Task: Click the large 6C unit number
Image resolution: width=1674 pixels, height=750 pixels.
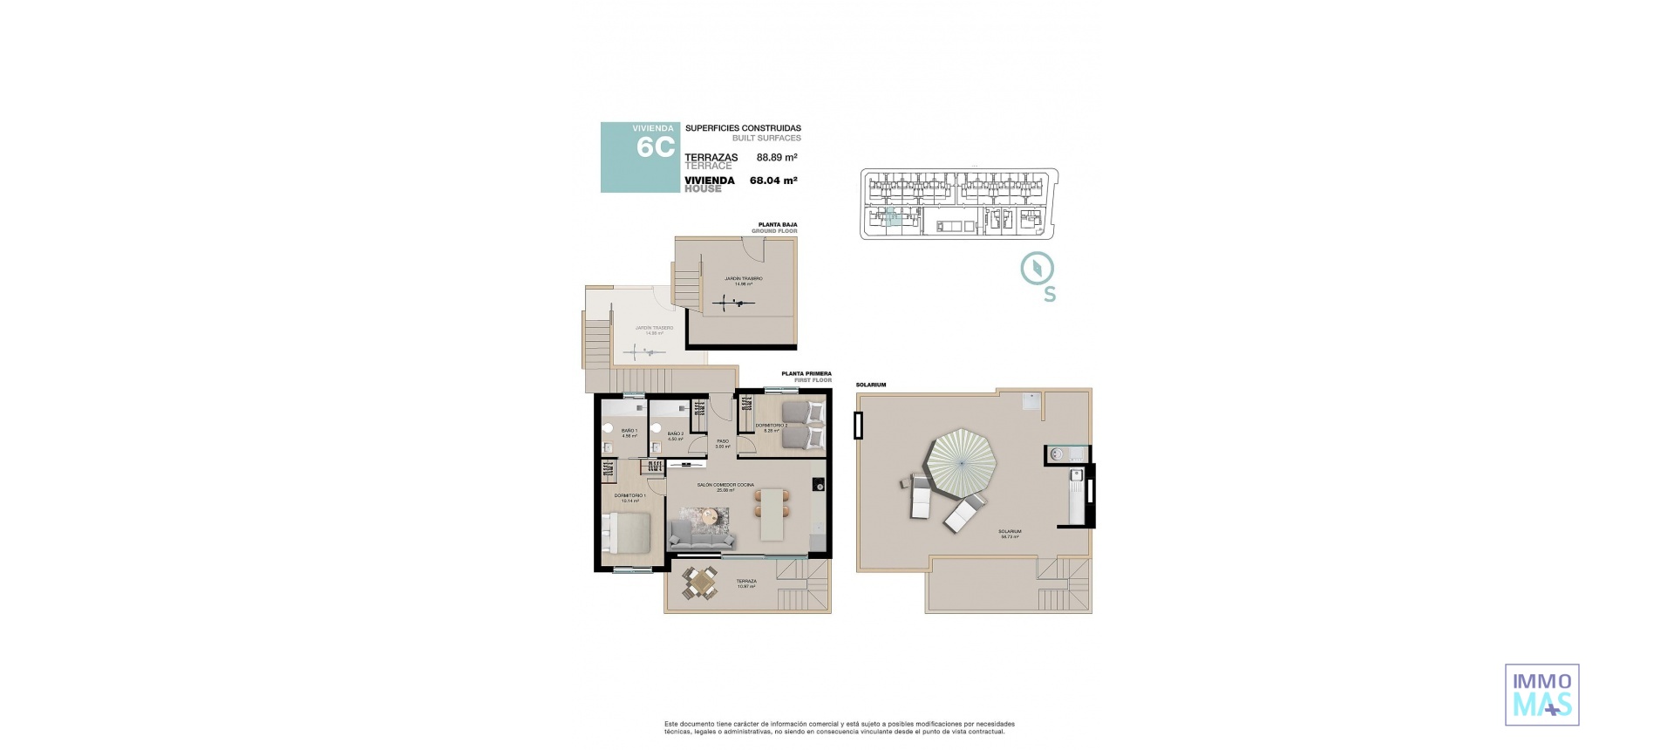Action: click(656, 147)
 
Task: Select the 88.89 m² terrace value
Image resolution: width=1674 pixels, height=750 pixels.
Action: click(777, 158)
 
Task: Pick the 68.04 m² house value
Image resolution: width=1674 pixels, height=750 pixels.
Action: click(773, 181)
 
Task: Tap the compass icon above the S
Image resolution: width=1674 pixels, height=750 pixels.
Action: click(1038, 269)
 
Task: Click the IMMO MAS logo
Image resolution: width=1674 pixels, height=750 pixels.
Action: click(1541, 694)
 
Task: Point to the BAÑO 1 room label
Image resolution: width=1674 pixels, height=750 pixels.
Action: click(629, 433)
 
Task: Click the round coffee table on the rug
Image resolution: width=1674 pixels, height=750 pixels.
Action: click(710, 516)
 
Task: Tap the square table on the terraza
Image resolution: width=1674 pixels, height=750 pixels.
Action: click(699, 583)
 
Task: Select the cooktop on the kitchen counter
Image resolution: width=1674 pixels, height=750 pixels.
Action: click(819, 484)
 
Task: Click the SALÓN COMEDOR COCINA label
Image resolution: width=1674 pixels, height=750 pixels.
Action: click(725, 486)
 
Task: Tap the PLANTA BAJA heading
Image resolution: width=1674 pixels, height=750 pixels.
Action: click(778, 225)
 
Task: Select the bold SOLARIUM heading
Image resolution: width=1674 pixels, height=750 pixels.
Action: click(870, 385)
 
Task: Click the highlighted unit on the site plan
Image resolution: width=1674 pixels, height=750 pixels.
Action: click(890, 217)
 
